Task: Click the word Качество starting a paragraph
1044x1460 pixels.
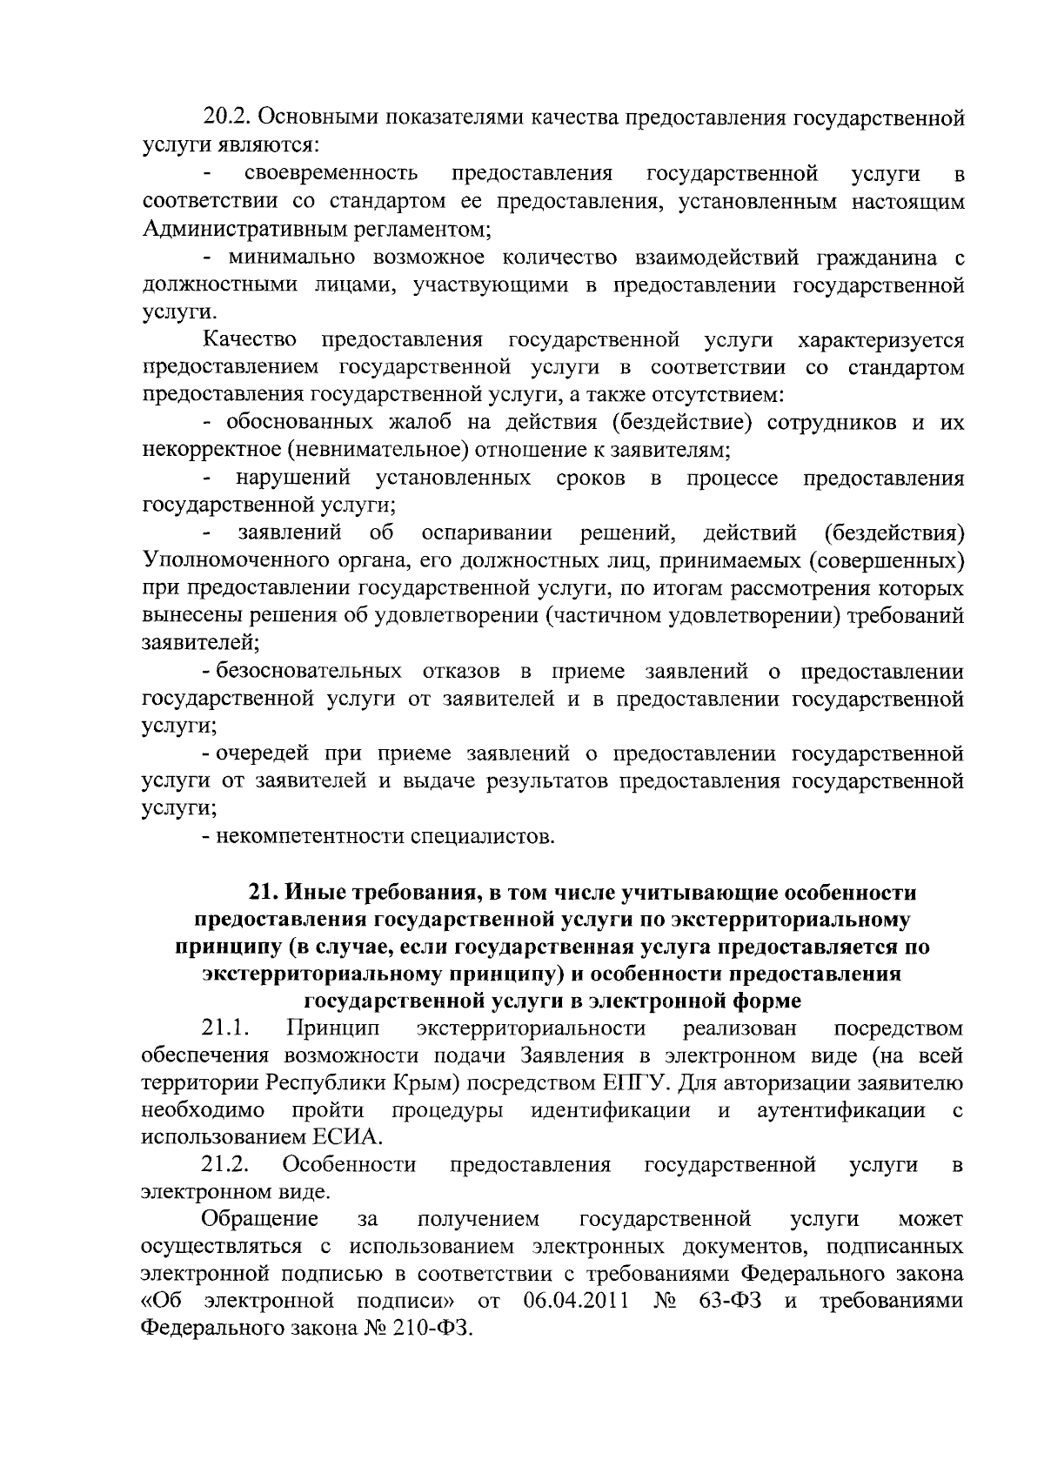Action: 251,339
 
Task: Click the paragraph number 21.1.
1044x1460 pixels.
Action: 226,1028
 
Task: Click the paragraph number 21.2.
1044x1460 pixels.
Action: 226,1165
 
